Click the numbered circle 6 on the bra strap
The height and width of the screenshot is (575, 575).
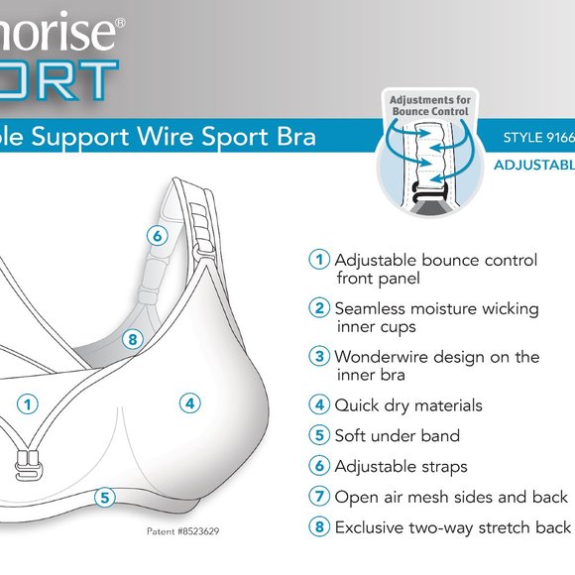[157, 236]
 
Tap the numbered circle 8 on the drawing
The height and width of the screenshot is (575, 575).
[136, 339]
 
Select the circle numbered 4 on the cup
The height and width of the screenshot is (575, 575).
[190, 402]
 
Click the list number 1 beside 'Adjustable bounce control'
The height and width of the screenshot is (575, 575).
[319, 261]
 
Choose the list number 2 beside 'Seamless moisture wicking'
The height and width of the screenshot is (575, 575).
[319, 308]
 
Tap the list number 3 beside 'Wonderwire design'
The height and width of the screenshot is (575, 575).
[319, 357]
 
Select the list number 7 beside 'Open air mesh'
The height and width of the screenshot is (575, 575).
[319, 497]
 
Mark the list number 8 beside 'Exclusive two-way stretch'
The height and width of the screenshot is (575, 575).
[319, 527]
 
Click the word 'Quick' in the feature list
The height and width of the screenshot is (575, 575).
[358, 405]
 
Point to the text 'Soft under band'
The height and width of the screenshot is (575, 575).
[397, 436]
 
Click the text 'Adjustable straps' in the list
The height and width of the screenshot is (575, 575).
[401, 466]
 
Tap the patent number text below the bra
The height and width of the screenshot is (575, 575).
[182, 532]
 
